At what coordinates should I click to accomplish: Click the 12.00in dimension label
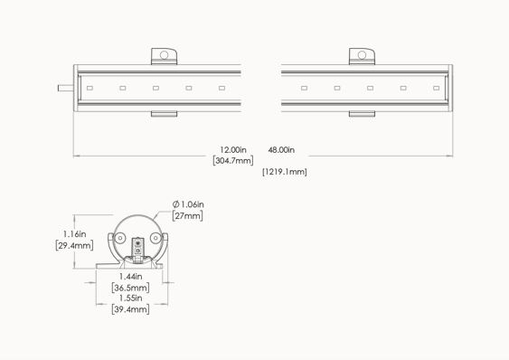(233, 150)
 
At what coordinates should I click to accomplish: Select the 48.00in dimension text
(281, 150)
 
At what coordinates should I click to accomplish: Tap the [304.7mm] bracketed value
(233, 160)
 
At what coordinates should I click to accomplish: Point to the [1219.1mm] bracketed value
(285, 172)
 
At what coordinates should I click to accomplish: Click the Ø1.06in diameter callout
(188, 204)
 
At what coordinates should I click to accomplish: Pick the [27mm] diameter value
(188, 216)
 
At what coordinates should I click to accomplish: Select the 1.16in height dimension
(75, 234)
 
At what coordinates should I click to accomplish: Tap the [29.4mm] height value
(75, 245)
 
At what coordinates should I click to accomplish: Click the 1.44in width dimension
(130, 277)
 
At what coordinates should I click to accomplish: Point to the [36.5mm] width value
(130, 288)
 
